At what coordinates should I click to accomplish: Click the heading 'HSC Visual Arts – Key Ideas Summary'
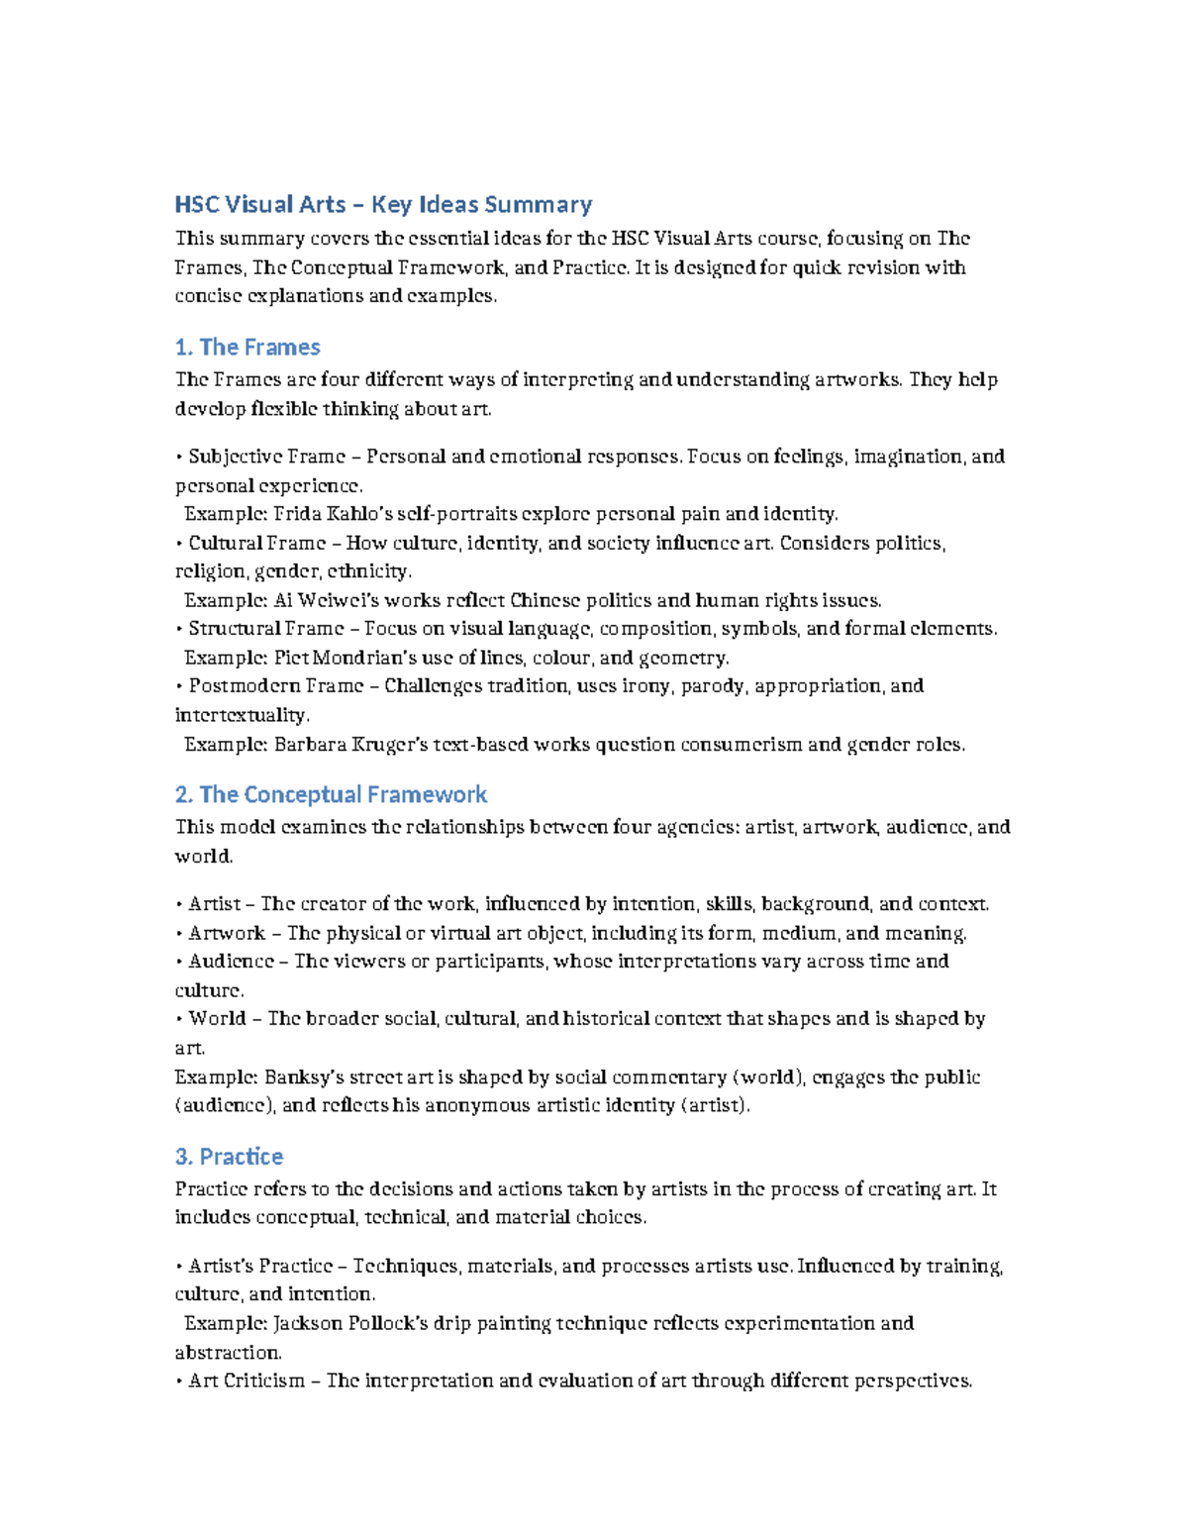(x=383, y=205)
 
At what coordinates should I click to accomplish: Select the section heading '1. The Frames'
(x=247, y=348)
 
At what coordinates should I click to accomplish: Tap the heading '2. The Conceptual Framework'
(x=331, y=794)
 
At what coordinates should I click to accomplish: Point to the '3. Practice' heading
(x=229, y=1157)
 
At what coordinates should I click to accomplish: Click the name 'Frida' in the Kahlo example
(x=296, y=514)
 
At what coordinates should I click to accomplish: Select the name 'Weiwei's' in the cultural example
(x=339, y=600)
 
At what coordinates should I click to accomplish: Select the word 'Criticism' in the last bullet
(x=263, y=1381)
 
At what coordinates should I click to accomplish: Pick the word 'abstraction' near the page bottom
(x=228, y=1352)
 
